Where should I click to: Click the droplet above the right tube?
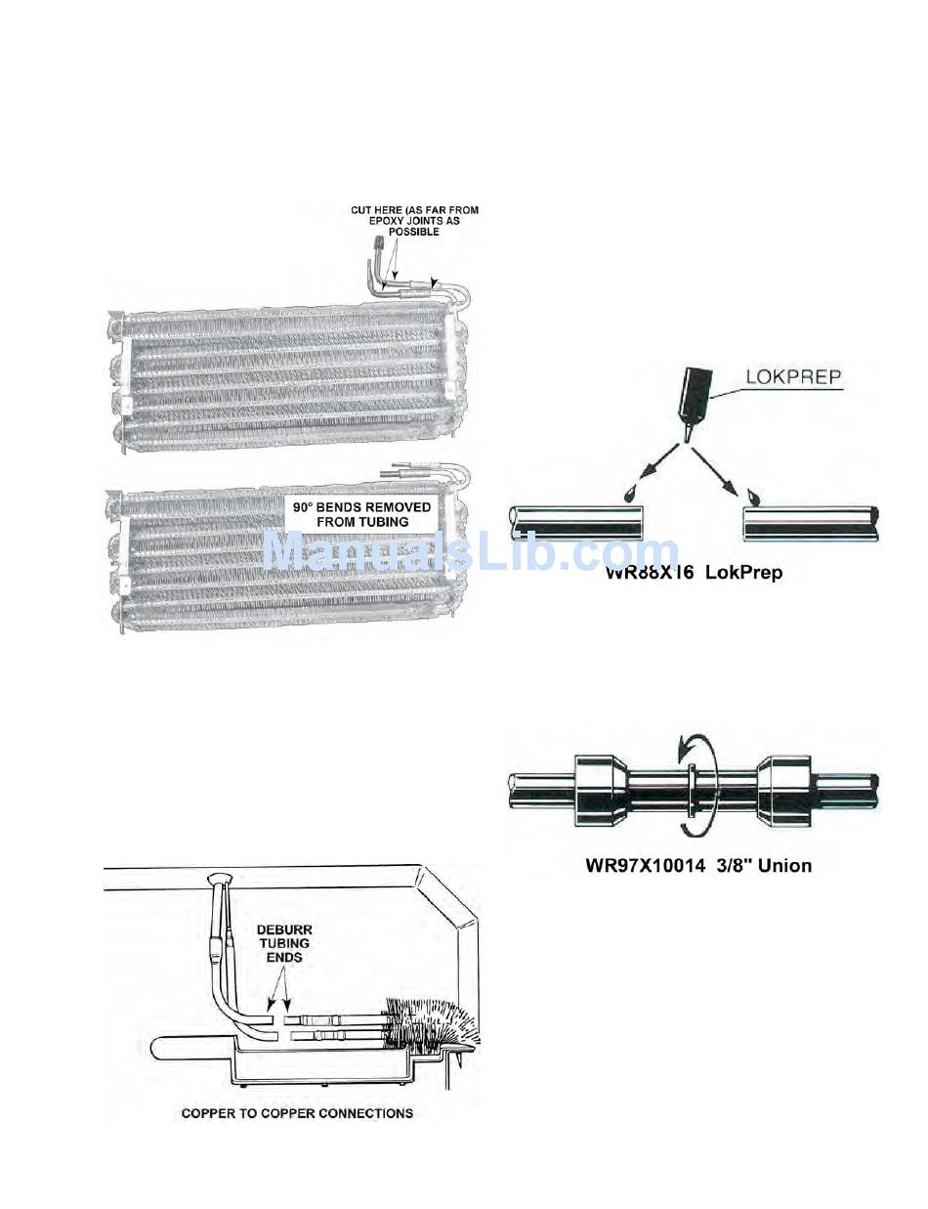coord(753,494)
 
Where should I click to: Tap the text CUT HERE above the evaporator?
coord(375,210)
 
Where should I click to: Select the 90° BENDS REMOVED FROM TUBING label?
coord(361,515)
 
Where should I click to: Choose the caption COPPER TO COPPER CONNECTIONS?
coord(297,1113)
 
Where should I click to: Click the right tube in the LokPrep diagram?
coord(811,522)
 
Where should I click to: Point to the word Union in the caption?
coord(781,865)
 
